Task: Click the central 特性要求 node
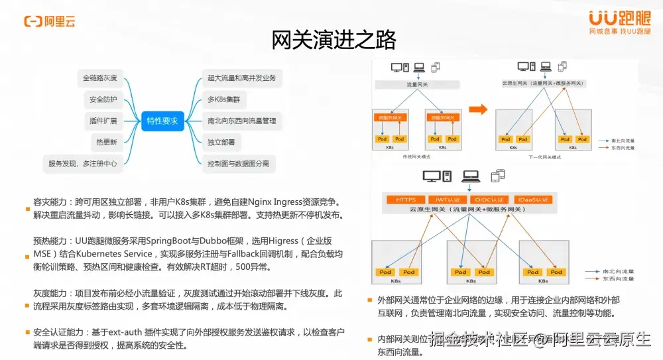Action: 162,121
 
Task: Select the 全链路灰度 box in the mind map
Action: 99,78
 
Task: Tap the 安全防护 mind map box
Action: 103,99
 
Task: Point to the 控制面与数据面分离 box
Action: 238,163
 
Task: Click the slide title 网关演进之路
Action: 333,40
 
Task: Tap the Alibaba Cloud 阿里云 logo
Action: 50,21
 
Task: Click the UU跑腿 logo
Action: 619,21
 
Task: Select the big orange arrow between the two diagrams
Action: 477,110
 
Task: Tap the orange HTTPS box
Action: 405,199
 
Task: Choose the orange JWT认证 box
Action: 444,199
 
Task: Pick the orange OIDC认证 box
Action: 490,199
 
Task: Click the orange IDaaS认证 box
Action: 533,199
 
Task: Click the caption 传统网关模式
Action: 417,156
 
